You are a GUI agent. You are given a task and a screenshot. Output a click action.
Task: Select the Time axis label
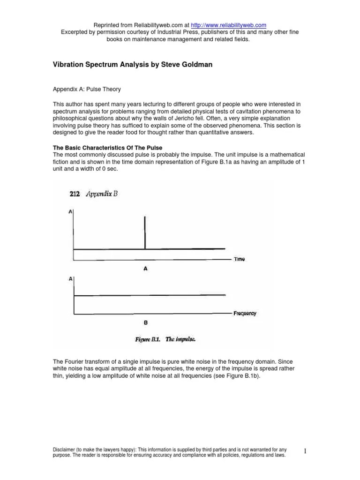point(239,259)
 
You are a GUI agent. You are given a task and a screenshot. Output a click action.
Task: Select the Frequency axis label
point(245,313)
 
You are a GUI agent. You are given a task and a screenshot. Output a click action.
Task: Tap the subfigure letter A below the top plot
point(145,269)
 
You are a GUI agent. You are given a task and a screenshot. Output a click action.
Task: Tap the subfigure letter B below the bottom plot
point(145,323)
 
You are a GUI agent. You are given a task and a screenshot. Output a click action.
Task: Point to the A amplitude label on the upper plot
point(70,212)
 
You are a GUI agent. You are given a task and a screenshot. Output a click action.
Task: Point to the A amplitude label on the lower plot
point(70,278)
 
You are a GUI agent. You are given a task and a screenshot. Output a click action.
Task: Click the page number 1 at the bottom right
point(305,451)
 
